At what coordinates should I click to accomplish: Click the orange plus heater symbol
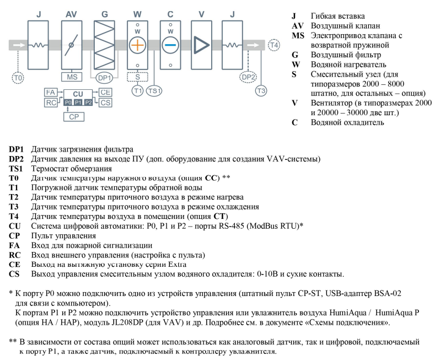tap(137, 45)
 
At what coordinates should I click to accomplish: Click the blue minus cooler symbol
tap(170, 45)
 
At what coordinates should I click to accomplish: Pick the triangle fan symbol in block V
tap(203, 45)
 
